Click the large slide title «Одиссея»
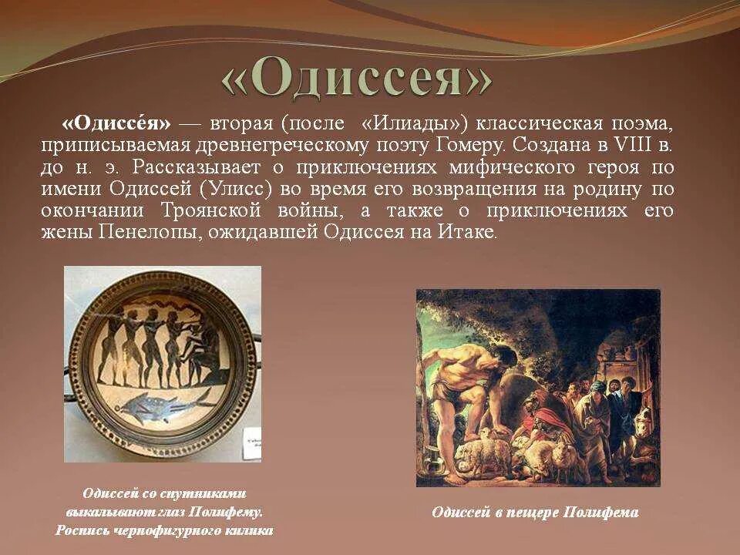(356, 79)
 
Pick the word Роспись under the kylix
(81, 530)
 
